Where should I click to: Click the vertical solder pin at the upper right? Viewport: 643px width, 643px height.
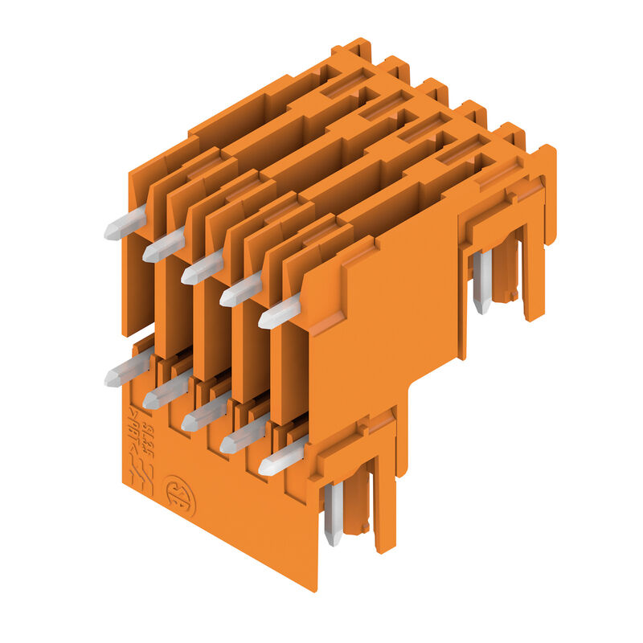(x=481, y=281)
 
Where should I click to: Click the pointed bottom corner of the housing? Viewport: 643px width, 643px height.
(x=314, y=587)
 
